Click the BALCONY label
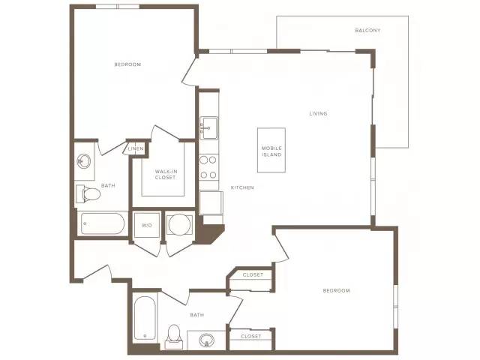pyautogui.click(x=367, y=30)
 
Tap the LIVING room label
pyautogui.click(x=318, y=113)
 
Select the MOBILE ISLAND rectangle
pyautogui.click(x=271, y=150)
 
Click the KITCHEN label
pyautogui.click(x=242, y=187)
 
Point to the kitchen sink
pyautogui.click(x=208, y=128)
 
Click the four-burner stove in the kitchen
pyautogui.click(x=208, y=167)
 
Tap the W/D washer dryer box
pyautogui.click(x=147, y=225)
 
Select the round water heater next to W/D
pyautogui.click(x=180, y=225)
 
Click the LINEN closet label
pyautogui.click(x=136, y=148)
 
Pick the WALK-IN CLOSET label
pyautogui.click(x=165, y=175)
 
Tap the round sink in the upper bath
pyautogui.click(x=83, y=161)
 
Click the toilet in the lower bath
pyautogui.click(x=174, y=337)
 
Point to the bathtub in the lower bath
pyautogui.click(x=145, y=318)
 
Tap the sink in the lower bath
pyautogui.click(x=206, y=340)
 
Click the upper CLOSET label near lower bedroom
pyautogui.click(x=253, y=275)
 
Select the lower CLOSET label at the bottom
pyautogui.click(x=251, y=337)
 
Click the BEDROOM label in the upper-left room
pyautogui.click(x=127, y=64)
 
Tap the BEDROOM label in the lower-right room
pyautogui.click(x=337, y=290)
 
